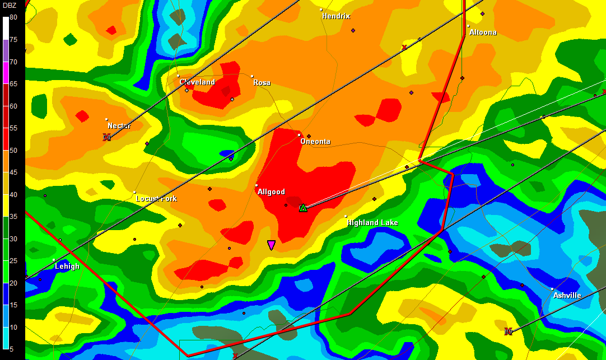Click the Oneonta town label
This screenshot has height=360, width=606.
tap(315, 142)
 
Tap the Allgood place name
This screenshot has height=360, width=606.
tap(271, 192)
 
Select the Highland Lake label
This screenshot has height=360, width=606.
tap(372, 223)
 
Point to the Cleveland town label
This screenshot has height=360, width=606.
tap(197, 82)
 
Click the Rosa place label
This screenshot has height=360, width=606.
tap(262, 83)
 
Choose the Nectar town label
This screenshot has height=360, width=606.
tap(119, 126)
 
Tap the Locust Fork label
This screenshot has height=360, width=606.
tap(156, 199)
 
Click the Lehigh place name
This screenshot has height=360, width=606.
tap(67, 267)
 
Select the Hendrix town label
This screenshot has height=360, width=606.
tap(336, 16)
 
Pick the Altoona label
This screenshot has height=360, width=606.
tap(483, 32)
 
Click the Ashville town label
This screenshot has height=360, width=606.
tap(567, 295)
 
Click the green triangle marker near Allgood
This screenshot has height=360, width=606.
tap(303, 208)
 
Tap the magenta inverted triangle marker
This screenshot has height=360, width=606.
tap(271, 245)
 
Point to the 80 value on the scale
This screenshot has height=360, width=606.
tap(13, 18)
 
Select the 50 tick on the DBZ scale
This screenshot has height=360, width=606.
tap(13, 151)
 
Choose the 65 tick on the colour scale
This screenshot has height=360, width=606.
tap(13, 84)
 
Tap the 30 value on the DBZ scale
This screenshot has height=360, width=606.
tap(13, 239)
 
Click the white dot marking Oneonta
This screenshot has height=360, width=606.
tap(299, 135)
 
